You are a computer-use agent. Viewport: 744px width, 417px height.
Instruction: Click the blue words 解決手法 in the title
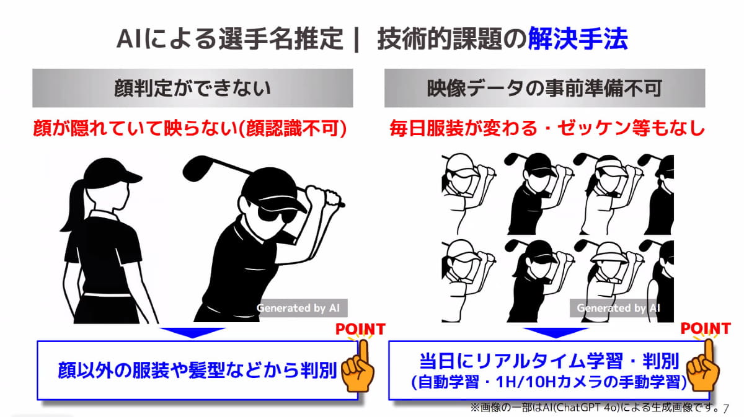coord(578,39)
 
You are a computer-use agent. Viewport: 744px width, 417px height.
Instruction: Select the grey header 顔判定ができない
coord(193,88)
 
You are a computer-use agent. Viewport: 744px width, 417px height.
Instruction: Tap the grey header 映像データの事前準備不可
coord(545,88)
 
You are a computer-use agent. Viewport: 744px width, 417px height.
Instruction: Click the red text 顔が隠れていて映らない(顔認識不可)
coord(190,128)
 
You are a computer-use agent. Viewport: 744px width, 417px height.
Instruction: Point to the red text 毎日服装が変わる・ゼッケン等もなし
coord(547,128)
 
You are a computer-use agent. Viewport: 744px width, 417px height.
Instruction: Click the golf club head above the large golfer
coord(198,168)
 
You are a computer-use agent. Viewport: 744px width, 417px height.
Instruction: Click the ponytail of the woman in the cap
coord(75,206)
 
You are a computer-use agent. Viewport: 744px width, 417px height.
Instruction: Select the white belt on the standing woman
coord(107,294)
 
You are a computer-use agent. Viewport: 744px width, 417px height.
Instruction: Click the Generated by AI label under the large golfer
coord(298,308)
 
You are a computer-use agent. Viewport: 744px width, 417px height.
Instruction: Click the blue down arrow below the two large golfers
coord(192,333)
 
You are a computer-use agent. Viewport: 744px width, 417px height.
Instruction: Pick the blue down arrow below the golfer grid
coord(556,333)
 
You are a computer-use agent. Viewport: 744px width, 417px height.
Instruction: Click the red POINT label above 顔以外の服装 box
coord(361,329)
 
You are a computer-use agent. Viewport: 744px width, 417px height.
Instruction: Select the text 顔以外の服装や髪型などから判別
coord(198,370)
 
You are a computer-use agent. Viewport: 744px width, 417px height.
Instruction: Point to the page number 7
coord(726,408)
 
